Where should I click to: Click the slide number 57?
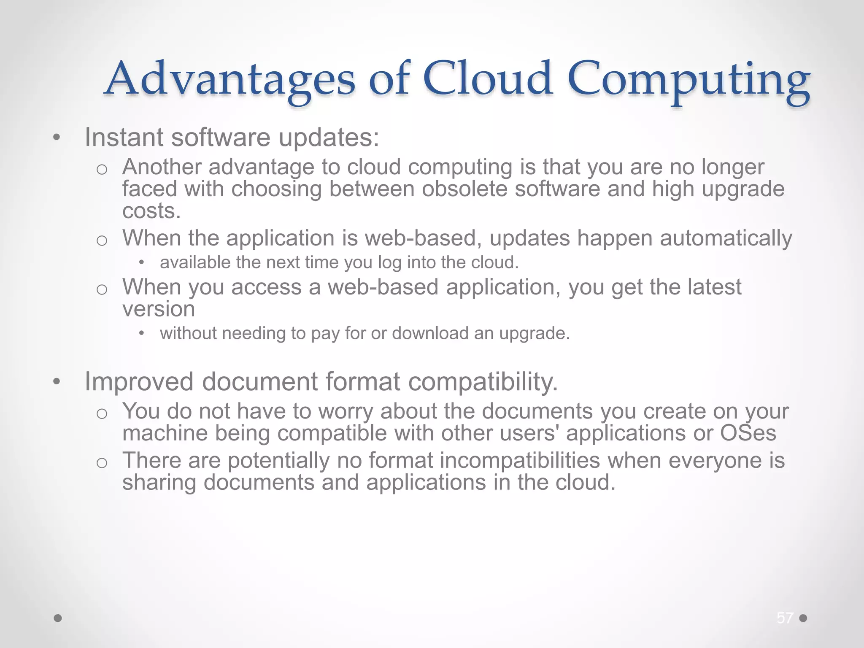pos(785,618)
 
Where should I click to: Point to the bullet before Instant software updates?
pos(57,138)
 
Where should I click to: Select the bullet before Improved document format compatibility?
pos(57,382)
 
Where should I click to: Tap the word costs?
pos(151,211)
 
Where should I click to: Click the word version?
pos(159,309)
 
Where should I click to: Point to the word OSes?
pos(748,433)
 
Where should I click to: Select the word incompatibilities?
pos(520,460)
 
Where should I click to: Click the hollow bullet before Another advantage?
pos(102,170)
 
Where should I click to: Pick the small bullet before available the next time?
pos(142,263)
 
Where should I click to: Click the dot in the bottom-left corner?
pos(58,618)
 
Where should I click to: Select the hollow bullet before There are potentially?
pos(102,463)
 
